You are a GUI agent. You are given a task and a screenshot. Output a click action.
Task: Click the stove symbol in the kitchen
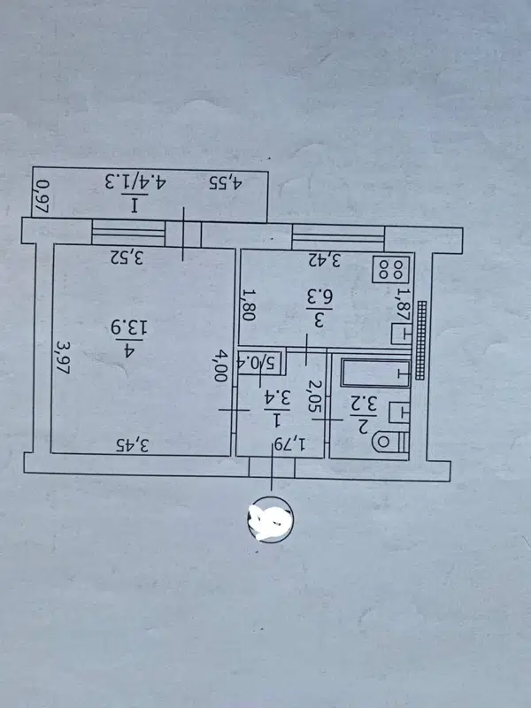(390, 267)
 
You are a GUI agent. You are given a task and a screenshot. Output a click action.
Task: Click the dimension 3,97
(63, 359)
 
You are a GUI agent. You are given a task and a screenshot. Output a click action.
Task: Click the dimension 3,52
(127, 258)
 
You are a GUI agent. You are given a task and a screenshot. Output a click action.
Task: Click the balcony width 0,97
(41, 195)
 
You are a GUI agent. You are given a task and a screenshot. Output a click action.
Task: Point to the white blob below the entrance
(270, 519)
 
